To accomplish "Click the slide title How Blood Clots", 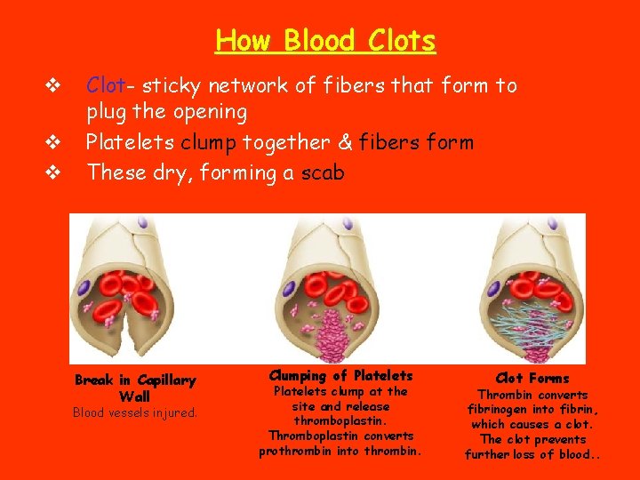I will point(325,41).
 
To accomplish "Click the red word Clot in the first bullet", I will point(104,85).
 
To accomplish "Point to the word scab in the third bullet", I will point(321,172).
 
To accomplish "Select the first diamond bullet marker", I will point(52,86).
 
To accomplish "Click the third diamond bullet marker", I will point(52,172).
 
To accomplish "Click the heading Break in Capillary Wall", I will point(135,388).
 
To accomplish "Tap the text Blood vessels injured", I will point(135,412).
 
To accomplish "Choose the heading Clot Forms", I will point(532,378).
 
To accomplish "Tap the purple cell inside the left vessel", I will point(85,289).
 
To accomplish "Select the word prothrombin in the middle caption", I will point(293,451).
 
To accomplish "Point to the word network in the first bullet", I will point(242,85).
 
